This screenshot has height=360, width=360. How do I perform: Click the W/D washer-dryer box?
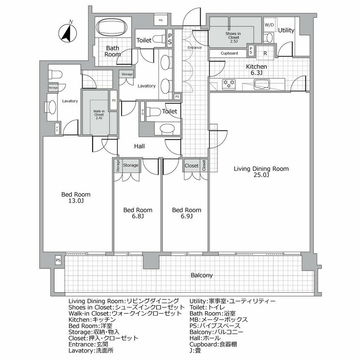269,25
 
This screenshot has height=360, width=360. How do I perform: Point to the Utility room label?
286,31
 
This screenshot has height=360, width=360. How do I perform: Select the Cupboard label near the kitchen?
229,53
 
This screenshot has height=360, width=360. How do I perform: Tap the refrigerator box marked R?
265,53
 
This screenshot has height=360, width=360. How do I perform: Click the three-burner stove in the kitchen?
229,84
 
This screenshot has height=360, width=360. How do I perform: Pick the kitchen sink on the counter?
262,85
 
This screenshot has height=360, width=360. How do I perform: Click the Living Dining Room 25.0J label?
261,172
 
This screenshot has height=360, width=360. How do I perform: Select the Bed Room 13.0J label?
76,198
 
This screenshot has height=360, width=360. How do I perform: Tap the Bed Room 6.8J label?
137,213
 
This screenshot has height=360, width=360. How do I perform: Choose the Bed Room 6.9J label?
186,213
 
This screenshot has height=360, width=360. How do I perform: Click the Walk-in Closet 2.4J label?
98,114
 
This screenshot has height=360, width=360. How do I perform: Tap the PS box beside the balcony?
58,261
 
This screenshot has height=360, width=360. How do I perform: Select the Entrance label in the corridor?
194,47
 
